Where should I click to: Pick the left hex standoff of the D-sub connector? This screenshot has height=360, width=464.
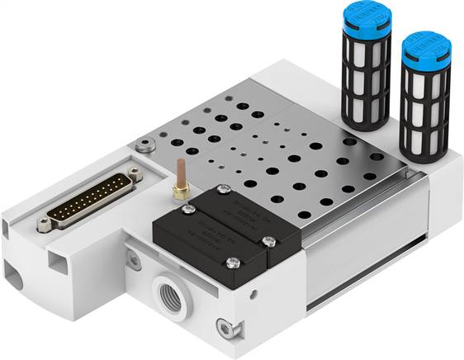pos(44,221)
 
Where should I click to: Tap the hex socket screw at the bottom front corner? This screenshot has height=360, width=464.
pos(222,324)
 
